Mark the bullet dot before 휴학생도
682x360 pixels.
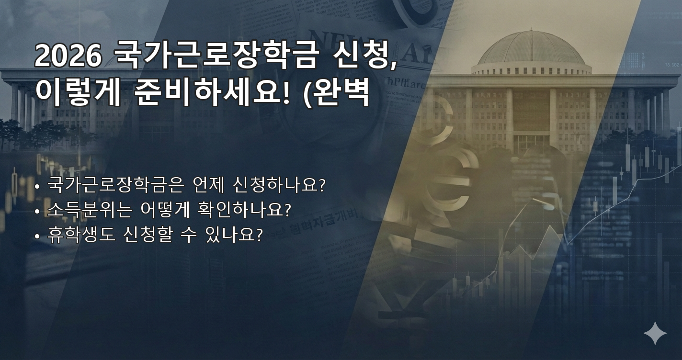tap(37, 236)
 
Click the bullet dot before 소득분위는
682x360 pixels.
tap(37, 211)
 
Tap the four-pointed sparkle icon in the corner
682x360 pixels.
tap(655, 333)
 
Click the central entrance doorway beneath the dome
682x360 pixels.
tap(531, 143)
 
